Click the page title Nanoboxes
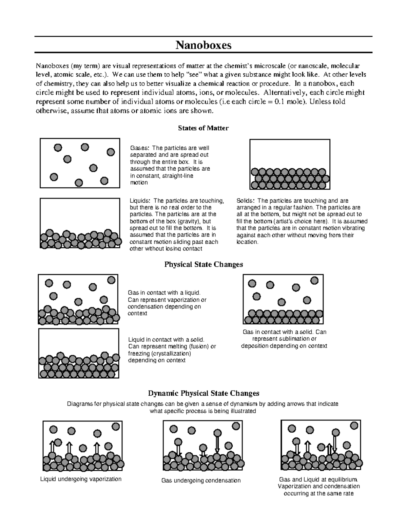203,45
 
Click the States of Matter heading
203,128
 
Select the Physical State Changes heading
203,264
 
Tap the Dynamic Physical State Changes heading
203,393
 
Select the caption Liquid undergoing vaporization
81,479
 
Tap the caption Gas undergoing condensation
201,481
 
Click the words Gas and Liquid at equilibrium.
318,479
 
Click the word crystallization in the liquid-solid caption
159,354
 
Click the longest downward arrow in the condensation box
217,445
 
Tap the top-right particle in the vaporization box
115,426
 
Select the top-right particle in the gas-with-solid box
314,280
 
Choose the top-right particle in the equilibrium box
354,426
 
